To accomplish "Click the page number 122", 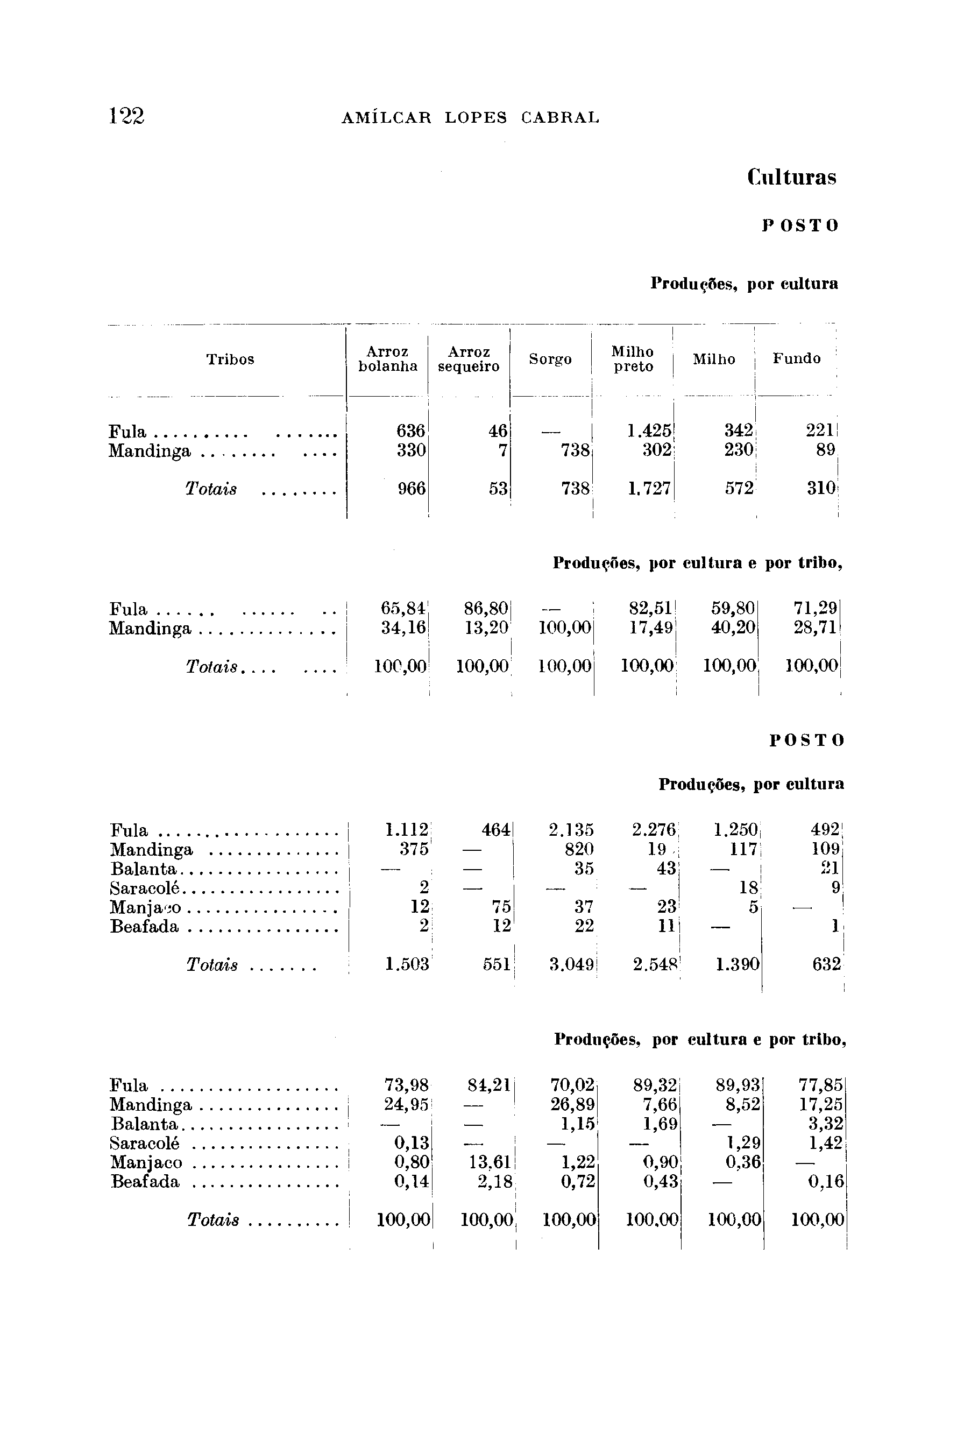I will [126, 116].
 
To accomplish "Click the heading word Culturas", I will [792, 178].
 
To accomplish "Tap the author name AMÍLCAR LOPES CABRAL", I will [470, 117].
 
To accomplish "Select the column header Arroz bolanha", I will [388, 359].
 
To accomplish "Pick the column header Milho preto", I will [633, 359].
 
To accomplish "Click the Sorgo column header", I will [550, 359].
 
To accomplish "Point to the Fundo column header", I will [796, 358].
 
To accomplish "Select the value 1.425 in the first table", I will [649, 431].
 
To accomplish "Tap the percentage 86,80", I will [486, 609].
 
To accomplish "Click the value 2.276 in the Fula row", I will [653, 830].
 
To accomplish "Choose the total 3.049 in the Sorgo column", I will [571, 965].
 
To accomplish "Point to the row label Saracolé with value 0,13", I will [145, 1143].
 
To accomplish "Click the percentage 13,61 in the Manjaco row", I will [490, 1163].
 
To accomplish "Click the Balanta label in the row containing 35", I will [143, 870].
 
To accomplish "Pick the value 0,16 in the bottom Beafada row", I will [826, 1182].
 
